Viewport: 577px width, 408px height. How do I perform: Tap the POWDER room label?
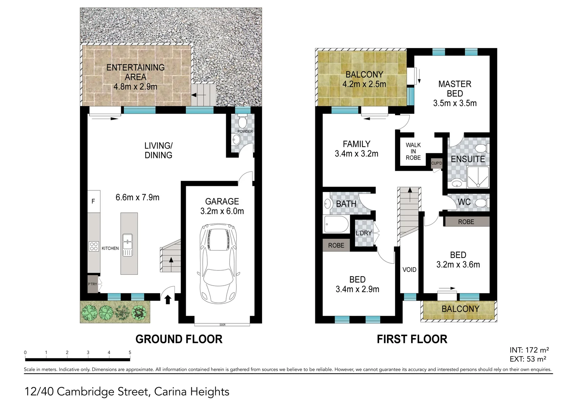point(245,131)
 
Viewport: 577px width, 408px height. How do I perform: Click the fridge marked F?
point(94,201)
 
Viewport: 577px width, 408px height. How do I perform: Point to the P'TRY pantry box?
point(93,284)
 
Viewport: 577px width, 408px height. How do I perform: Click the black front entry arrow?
point(168,300)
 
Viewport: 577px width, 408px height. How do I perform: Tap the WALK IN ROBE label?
point(413,151)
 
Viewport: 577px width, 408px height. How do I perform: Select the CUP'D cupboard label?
point(437,163)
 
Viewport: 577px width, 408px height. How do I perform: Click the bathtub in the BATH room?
point(336,225)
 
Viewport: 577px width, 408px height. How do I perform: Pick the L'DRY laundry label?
point(364,233)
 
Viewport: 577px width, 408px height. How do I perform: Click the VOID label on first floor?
point(409,270)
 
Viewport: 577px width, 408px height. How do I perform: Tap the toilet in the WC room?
point(481,203)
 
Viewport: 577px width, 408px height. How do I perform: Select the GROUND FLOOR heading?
point(179,339)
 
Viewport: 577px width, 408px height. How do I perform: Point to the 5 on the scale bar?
point(130,352)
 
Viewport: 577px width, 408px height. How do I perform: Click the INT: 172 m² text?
point(529,350)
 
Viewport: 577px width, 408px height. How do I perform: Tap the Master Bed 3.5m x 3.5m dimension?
point(455,103)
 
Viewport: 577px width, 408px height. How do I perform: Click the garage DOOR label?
point(222,325)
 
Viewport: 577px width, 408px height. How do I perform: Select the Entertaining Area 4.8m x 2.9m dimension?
point(135,87)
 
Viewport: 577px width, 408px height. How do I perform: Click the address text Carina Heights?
point(192,391)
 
